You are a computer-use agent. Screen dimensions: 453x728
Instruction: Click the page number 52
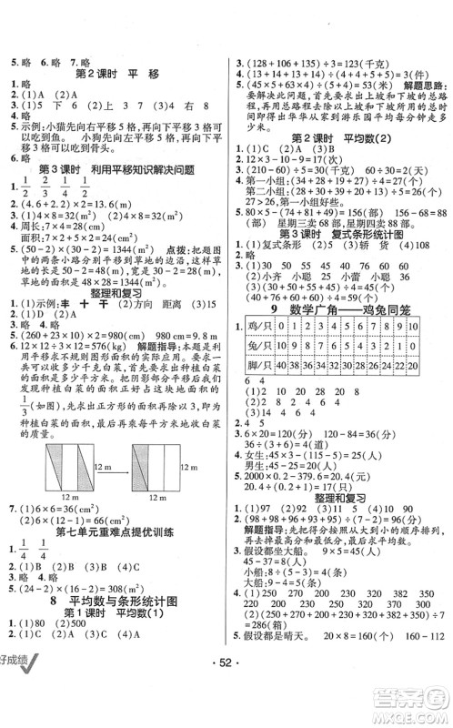(x=226, y=708)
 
